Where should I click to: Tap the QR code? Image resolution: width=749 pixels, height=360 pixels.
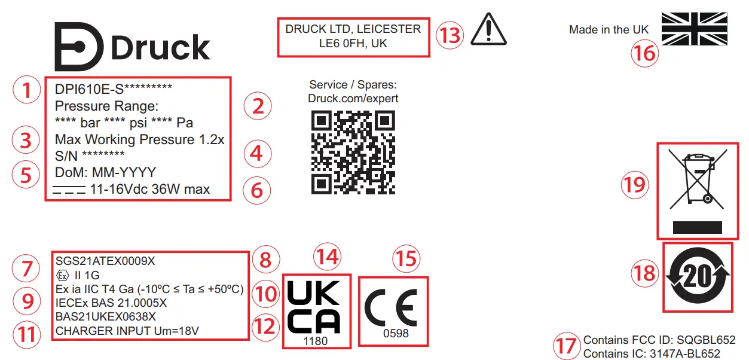(x=353, y=152)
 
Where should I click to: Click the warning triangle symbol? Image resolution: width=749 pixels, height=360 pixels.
(x=488, y=30)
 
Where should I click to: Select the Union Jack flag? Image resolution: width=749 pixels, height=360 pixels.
(x=695, y=29)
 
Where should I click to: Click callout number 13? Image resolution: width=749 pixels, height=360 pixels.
(x=449, y=35)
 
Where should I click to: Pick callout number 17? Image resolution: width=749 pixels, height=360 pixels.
(x=567, y=346)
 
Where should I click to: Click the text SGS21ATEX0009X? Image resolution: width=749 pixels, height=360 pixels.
(x=105, y=261)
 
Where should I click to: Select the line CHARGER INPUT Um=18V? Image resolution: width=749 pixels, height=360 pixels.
(x=127, y=331)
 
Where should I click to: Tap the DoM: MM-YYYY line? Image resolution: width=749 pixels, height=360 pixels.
(x=105, y=172)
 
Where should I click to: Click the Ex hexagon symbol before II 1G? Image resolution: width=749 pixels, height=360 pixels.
(x=62, y=276)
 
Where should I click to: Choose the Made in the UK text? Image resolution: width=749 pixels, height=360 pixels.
(x=608, y=30)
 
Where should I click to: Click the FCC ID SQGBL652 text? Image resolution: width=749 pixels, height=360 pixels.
(x=659, y=340)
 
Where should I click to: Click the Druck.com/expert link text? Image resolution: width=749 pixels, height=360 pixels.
(x=353, y=99)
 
